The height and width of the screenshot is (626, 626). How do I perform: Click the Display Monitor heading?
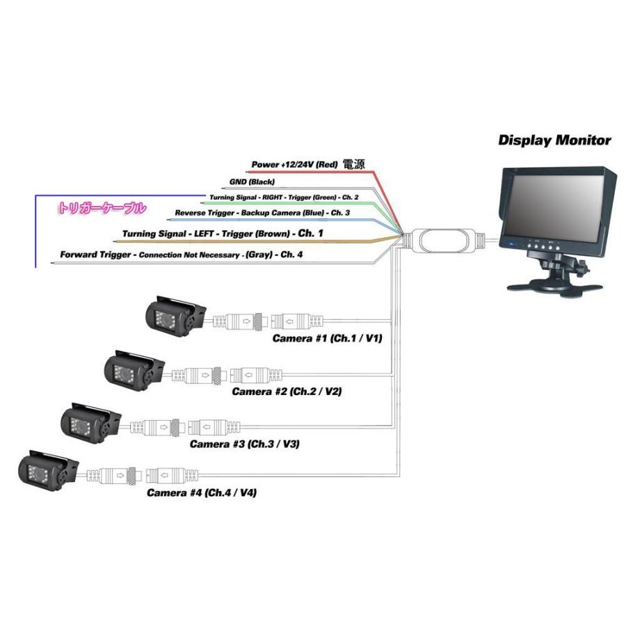click(554, 141)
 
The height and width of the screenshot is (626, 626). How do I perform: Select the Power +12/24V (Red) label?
click(294, 164)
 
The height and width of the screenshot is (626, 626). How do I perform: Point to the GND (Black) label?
click(252, 182)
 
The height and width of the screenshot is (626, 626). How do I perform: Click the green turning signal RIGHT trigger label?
click(284, 198)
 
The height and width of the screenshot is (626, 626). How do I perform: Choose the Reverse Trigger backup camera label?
click(262, 213)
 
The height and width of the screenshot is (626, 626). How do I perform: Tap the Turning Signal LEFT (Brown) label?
click(223, 234)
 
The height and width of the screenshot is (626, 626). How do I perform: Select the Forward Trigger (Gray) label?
click(182, 255)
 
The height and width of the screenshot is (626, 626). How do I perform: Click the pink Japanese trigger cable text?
click(102, 208)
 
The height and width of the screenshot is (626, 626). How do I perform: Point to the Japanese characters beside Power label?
click(354, 164)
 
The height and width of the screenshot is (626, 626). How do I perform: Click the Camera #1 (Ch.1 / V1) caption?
click(327, 339)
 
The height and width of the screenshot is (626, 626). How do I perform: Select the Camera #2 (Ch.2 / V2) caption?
click(287, 391)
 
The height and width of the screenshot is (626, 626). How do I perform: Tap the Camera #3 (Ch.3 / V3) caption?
click(244, 444)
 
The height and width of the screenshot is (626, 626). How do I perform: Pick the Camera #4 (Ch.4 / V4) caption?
click(202, 492)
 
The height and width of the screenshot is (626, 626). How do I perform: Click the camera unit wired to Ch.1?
click(175, 316)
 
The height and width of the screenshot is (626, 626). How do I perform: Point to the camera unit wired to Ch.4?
click(48, 471)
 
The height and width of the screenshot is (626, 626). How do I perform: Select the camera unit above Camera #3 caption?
click(90, 423)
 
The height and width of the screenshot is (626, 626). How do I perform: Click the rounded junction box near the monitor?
click(444, 240)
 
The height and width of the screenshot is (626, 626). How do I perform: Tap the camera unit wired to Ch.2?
click(134, 371)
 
